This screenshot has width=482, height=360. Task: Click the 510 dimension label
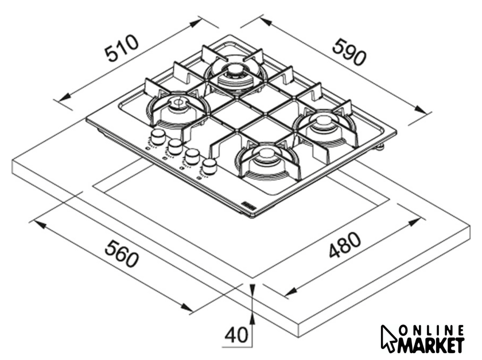pos(121,48)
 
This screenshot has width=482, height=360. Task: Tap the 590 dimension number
pos(349,52)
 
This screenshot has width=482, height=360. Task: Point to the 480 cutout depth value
pos(345,244)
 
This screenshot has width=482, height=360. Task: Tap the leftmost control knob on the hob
pos(158,136)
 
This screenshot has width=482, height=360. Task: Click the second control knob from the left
pos(175,146)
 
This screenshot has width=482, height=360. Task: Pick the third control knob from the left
pos(192,156)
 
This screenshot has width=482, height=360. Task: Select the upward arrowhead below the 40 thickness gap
pos(252,320)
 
